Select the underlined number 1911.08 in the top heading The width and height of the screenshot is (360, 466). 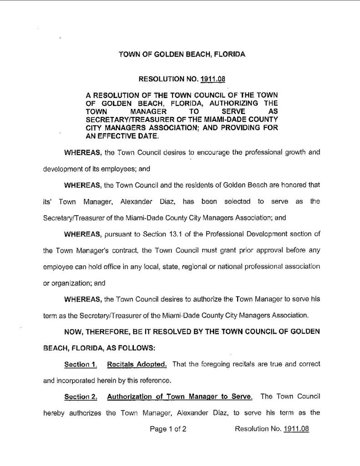click(x=214, y=78)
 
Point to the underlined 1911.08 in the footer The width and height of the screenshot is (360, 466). click(x=296, y=429)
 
